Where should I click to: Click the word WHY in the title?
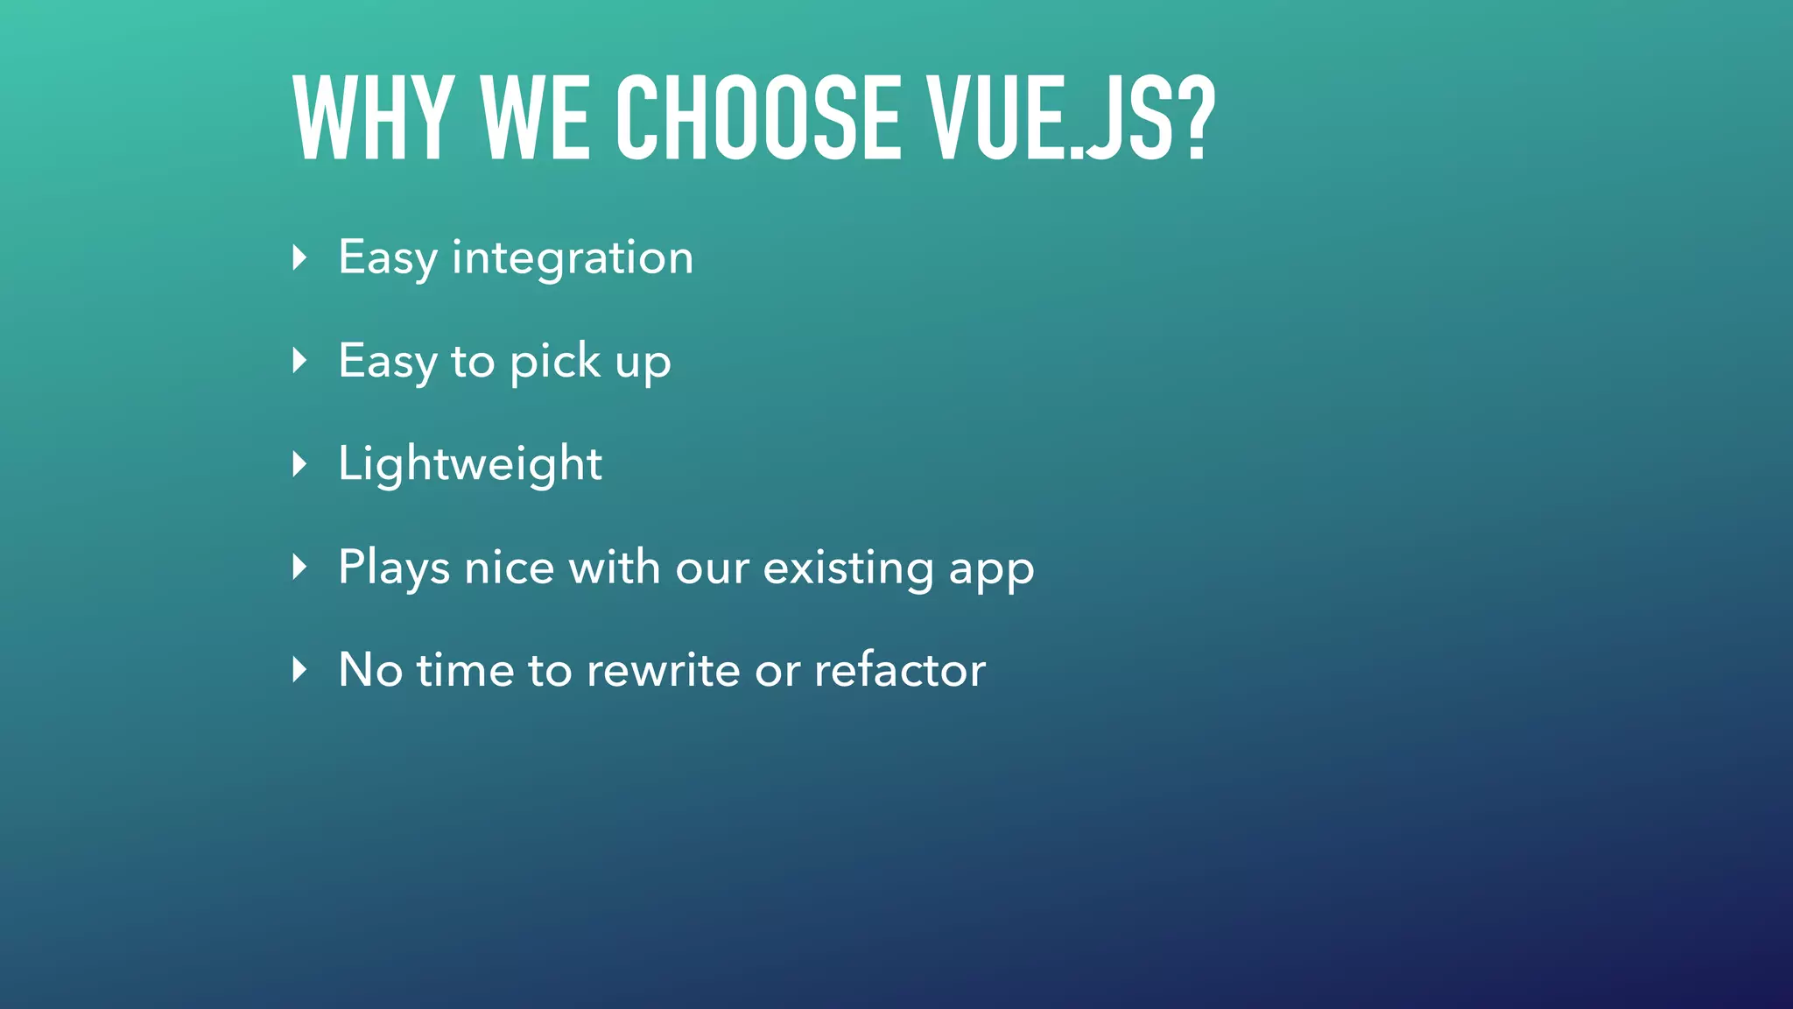pos(373,117)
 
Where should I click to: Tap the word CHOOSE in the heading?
pos(758,117)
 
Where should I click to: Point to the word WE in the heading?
pos(535,117)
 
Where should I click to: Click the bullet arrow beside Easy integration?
pos(299,258)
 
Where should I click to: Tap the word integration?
pos(573,258)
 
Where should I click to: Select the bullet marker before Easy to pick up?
pos(299,361)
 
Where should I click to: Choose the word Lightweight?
pos(470,464)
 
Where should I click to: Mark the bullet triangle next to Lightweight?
pos(299,464)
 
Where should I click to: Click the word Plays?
pos(394,568)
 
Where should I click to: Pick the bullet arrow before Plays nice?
pos(299,568)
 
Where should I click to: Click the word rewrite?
pos(664,671)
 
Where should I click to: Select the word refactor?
pos(900,671)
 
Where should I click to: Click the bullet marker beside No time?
pos(299,671)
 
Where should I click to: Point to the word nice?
pos(510,568)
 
